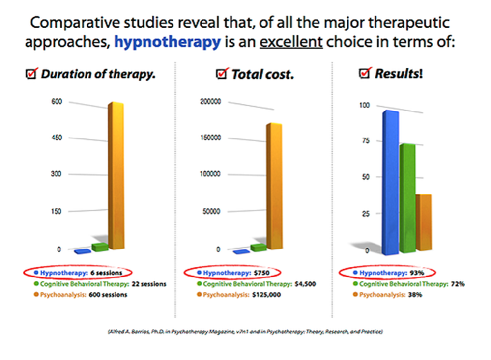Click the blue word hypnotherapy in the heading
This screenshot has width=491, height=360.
pyautogui.click(x=167, y=42)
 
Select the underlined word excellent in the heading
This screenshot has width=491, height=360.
pyautogui.click(x=291, y=42)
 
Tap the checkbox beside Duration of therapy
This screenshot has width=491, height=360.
pyautogui.click(x=31, y=75)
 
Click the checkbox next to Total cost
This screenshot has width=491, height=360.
pyautogui.click(x=222, y=75)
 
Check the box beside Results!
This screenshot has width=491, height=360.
pyautogui.click(x=365, y=74)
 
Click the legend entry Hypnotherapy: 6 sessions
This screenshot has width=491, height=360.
pyautogui.click(x=79, y=272)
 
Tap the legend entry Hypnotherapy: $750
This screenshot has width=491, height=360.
pyautogui.click(x=231, y=272)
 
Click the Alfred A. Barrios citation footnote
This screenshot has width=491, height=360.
pyautogui.click(x=245, y=332)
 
